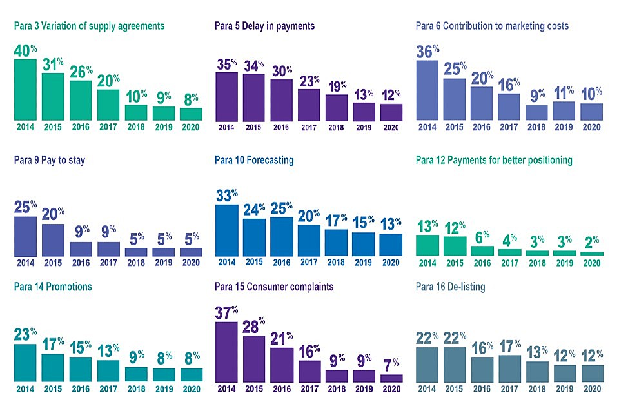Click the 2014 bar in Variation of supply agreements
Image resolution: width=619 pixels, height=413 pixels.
(x=25, y=90)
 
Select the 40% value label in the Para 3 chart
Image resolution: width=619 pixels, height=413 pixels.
(x=26, y=49)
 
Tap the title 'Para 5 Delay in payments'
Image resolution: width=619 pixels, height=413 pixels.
(x=264, y=26)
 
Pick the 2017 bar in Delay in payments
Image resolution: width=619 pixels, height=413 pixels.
(x=309, y=105)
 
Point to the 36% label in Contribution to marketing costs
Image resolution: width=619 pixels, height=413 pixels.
(x=428, y=51)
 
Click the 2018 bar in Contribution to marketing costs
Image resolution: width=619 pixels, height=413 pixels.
(x=536, y=112)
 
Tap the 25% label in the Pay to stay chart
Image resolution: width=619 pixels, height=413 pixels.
(x=26, y=207)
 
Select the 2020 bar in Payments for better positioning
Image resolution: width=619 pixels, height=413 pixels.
(x=592, y=254)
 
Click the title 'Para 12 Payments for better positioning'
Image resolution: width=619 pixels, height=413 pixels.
(x=494, y=160)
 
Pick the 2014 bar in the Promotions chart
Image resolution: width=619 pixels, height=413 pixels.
(x=25, y=363)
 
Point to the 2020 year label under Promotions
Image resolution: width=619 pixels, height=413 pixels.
(x=191, y=390)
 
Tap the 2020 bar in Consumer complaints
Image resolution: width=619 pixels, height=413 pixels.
(x=391, y=378)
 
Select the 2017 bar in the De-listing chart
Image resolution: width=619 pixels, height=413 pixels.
(x=509, y=368)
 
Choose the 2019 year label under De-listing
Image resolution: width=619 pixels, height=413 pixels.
(x=564, y=390)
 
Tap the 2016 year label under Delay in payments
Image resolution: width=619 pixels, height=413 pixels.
(x=282, y=128)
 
